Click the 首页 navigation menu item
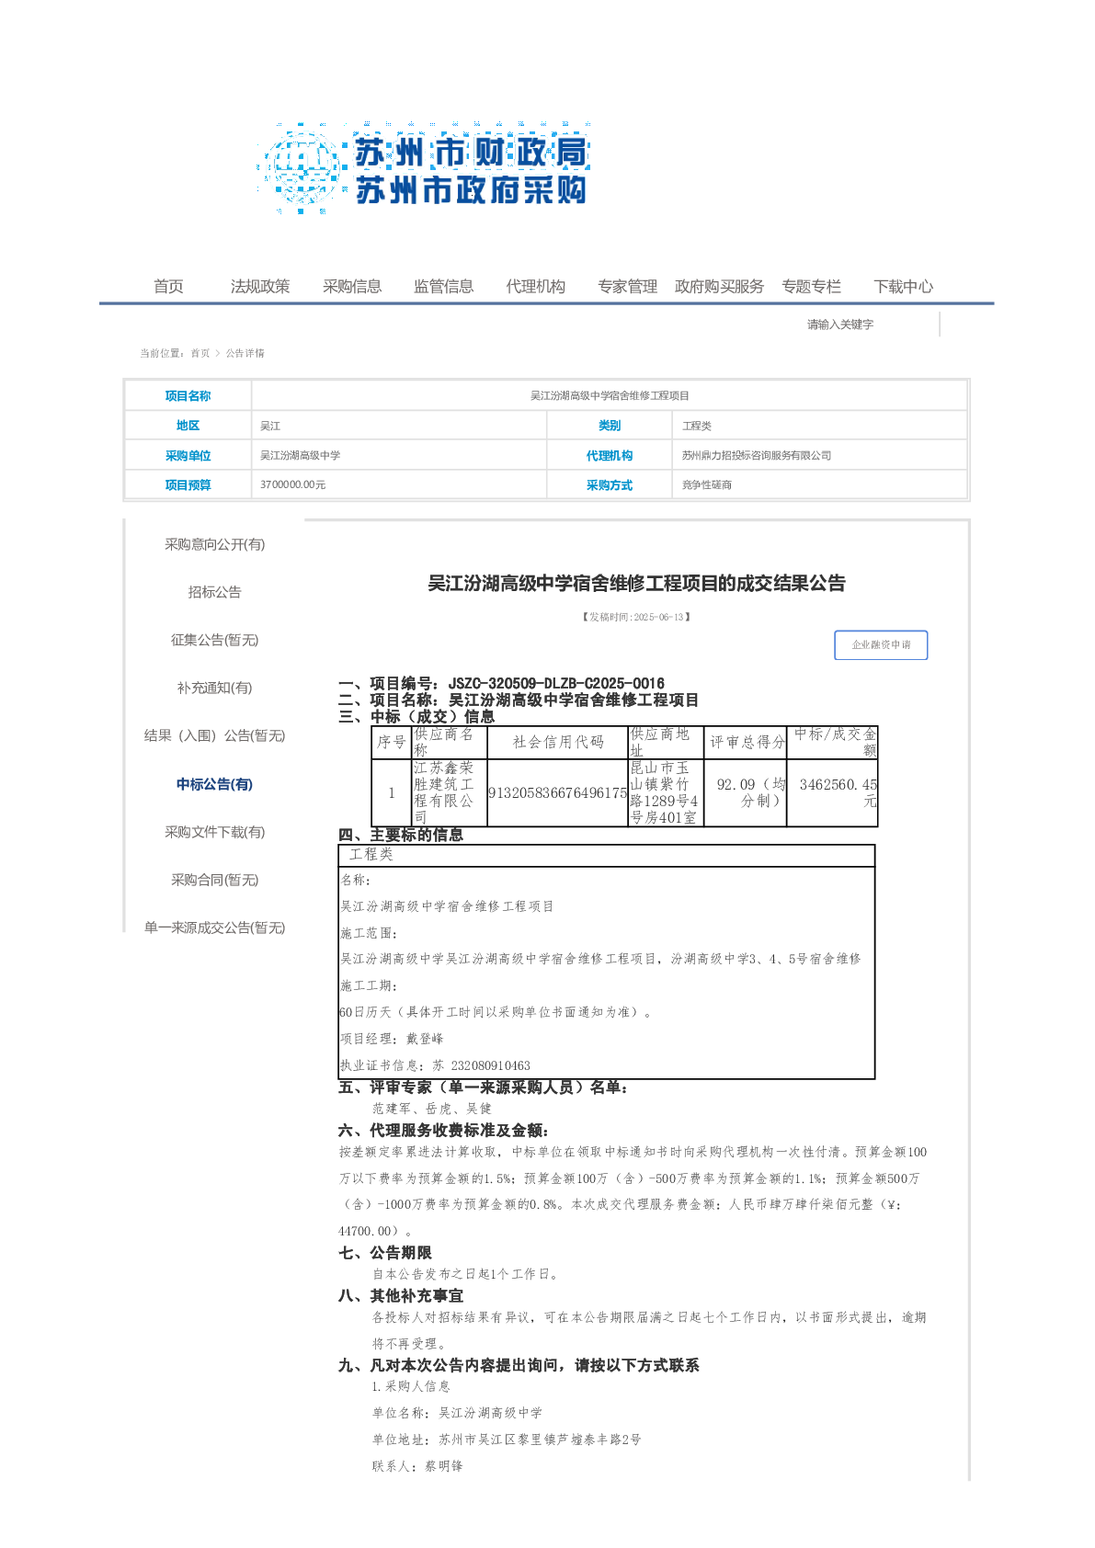click(168, 287)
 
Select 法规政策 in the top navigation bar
click(260, 287)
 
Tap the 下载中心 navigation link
click(903, 287)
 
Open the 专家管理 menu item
click(627, 287)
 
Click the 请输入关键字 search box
click(864, 324)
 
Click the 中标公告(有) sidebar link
click(214, 784)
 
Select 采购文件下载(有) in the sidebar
click(214, 832)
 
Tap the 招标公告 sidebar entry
click(214, 592)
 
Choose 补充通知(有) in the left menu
click(214, 688)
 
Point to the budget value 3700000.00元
click(292, 484)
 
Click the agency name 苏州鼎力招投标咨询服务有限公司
click(756, 455)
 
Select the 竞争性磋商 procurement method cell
click(706, 484)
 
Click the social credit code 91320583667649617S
click(557, 792)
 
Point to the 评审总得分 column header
click(747, 742)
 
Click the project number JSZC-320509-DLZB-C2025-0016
click(556, 683)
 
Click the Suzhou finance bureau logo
click(424, 168)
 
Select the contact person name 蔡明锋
click(443, 1466)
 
